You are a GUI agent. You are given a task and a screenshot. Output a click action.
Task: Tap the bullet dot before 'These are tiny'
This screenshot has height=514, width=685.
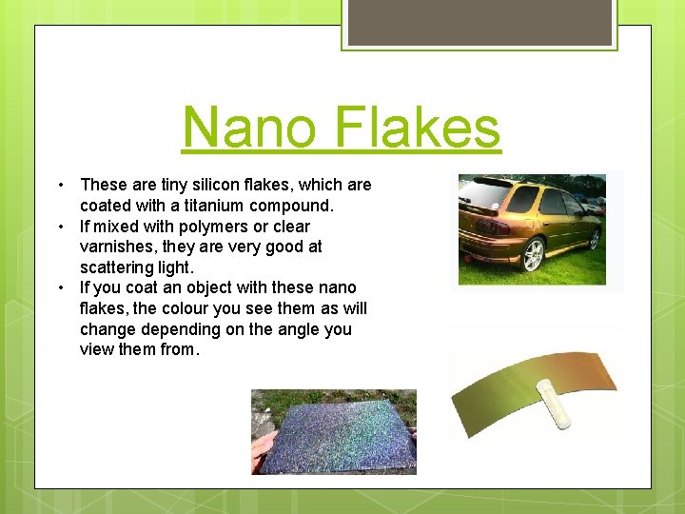click(x=59, y=185)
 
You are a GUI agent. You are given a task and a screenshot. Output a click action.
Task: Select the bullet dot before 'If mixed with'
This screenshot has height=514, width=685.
click(x=59, y=227)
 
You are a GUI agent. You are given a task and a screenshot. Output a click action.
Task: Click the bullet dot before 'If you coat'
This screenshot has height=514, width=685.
click(x=59, y=287)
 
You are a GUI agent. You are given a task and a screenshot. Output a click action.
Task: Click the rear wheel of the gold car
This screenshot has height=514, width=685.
click(x=533, y=255)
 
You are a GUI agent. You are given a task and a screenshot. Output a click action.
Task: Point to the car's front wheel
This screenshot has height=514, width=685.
click(x=595, y=238)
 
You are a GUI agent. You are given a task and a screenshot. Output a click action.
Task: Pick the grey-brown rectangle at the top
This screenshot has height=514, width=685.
click(x=479, y=22)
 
